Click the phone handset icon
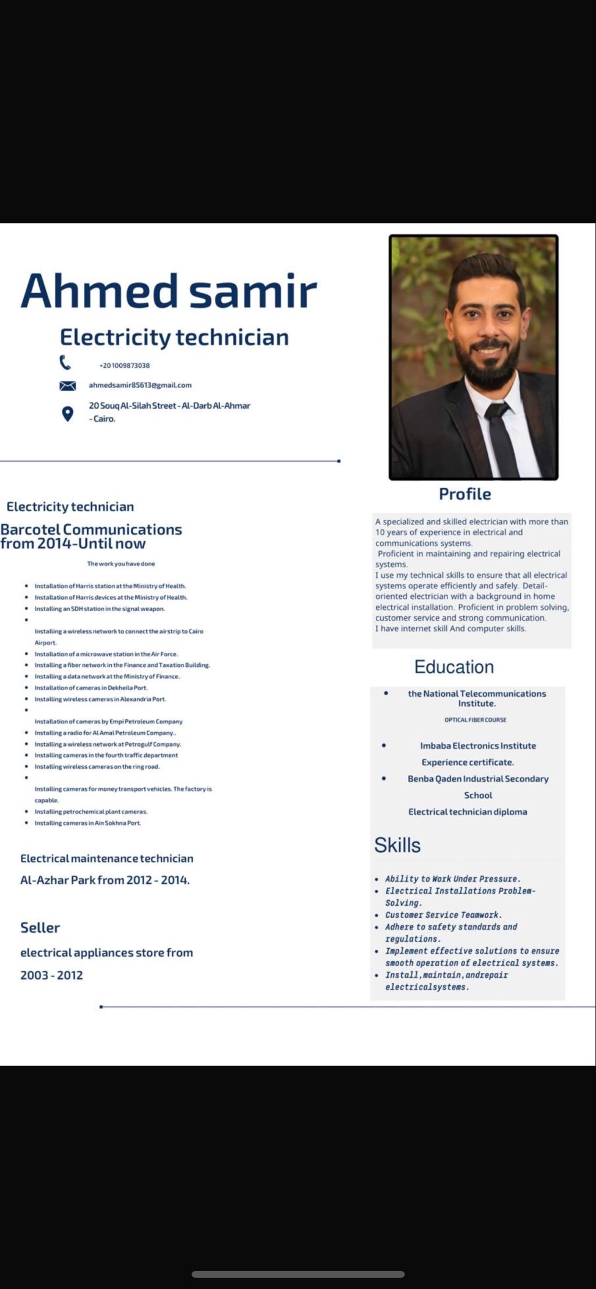(65, 363)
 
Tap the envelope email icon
(68, 385)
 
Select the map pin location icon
(68, 414)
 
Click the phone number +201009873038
(125, 365)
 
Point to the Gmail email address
(140, 385)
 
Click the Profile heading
(464, 494)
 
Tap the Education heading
(454, 667)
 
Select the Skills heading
(398, 845)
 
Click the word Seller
(40, 928)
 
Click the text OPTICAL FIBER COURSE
(476, 720)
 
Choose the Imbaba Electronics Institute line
(478, 745)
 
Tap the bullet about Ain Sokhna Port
(87, 823)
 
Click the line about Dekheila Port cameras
(91, 688)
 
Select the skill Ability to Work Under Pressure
(452, 879)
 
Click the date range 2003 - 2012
(52, 975)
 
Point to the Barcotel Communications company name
(91, 530)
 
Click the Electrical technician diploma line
(467, 812)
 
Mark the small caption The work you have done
(121, 564)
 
